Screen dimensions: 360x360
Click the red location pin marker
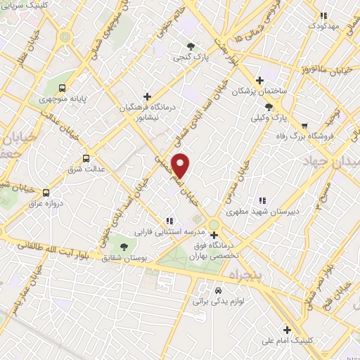pyautogui.click(x=181, y=165)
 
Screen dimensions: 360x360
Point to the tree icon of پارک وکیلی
pyautogui.click(x=268, y=107)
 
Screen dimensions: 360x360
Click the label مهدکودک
pyautogui.click(x=323, y=25)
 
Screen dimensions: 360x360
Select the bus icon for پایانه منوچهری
pyautogui.click(x=63, y=89)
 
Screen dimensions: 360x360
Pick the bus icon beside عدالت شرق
pyautogui.click(x=86, y=158)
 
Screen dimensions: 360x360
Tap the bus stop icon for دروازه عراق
pyautogui.click(x=46, y=192)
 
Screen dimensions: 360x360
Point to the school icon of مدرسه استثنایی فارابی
pyautogui.click(x=169, y=220)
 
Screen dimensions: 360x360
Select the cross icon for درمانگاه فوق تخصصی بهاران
pyautogui.click(x=214, y=236)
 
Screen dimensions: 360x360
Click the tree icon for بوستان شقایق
pyautogui.click(x=124, y=247)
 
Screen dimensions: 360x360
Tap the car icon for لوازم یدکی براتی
pyautogui.click(x=218, y=290)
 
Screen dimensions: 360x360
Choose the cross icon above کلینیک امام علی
pyautogui.click(x=287, y=329)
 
